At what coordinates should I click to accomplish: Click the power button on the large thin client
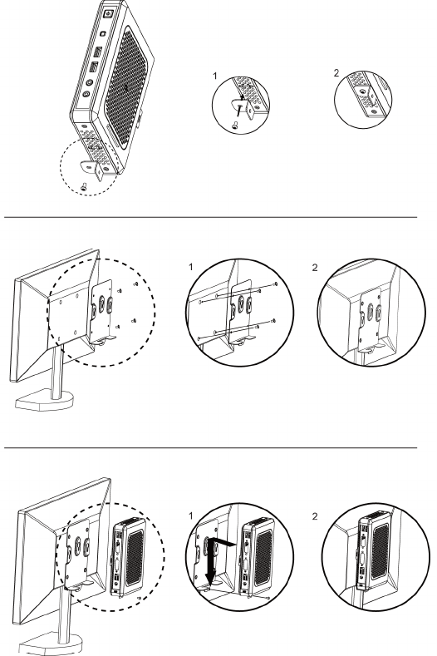pyautogui.click(x=109, y=13)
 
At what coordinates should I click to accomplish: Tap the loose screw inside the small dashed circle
pyautogui.click(x=85, y=186)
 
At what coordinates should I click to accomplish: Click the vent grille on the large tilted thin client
pyautogui.click(x=127, y=88)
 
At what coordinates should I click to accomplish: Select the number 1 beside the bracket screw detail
pyautogui.click(x=215, y=76)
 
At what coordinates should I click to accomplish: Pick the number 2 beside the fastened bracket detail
pyautogui.click(x=336, y=73)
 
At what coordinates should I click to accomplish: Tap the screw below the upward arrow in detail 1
pyautogui.click(x=234, y=124)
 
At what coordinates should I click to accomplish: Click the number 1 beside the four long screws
pyautogui.click(x=191, y=267)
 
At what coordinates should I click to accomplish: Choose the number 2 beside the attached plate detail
pyautogui.click(x=315, y=268)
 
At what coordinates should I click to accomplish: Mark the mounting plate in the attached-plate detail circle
pyautogui.click(x=371, y=321)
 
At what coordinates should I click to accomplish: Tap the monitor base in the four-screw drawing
pyautogui.click(x=44, y=401)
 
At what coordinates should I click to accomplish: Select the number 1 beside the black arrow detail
pyautogui.click(x=191, y=515)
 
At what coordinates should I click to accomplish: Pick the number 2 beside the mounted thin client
pyautogui.click(x=315, y=516)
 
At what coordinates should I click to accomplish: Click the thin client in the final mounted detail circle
pyautogui.click(x=375, y=549)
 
